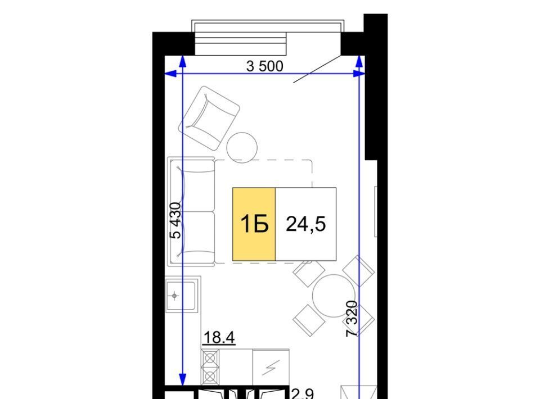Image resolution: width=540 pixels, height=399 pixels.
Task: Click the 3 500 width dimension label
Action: [x=265, y=66]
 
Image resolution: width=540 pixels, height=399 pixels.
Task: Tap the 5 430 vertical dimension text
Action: [x=175, y=220]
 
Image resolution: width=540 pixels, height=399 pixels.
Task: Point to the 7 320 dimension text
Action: [x=352, y=319]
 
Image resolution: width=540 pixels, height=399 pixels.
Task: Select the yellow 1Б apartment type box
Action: [x=254, y=224]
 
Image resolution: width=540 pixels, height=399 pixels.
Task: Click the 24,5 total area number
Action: [x=306, y=224]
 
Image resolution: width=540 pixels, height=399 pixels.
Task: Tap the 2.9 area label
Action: [x=303, y=394]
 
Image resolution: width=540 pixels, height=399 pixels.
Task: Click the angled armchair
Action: [x=209, y=118]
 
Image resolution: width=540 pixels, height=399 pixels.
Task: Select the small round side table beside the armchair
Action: [x=242, y=147]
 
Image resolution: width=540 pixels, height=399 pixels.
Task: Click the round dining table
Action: [x=334, y=296]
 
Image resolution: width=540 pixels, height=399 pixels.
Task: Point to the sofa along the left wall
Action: [x=191, y=211]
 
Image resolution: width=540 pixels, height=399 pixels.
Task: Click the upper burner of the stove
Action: [x=210, y=359]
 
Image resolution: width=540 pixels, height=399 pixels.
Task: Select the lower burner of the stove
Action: [x=210, y=377]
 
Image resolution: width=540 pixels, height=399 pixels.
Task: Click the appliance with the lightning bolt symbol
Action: [x=271, y=368]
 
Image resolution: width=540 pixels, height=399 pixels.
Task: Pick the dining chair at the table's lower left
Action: [x=309, y=320]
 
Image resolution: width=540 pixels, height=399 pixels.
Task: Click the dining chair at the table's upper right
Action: [x=358, y=271]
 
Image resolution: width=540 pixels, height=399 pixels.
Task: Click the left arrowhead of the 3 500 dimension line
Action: [x=170, y=74]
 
